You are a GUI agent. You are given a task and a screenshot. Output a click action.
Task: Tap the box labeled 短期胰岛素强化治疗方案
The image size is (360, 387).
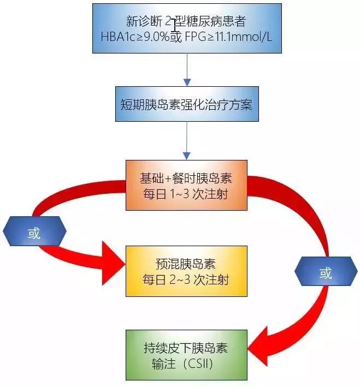pos(186,104)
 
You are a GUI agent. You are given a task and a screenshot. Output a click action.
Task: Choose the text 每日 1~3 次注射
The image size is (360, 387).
pos(186,194)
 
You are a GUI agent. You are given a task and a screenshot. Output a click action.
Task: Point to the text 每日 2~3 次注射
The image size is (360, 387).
pos(186,280)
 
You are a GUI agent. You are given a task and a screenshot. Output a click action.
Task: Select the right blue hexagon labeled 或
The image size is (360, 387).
pos(326,272)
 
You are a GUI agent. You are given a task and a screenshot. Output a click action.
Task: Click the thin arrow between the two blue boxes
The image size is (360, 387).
pos(186,69)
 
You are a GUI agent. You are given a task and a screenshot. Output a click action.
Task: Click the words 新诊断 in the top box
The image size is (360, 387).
pos(143,22)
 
